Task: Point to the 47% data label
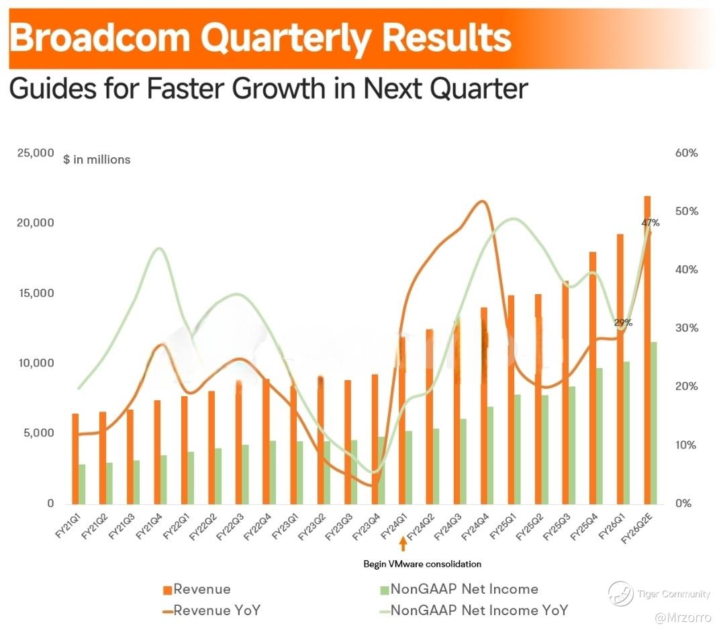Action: [650, 223]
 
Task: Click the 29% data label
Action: [622, 323]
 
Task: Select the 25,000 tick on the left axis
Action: [35, 153]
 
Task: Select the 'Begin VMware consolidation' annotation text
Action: [422, 564]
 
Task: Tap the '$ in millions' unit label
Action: [97, 160]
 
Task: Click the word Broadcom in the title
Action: [101, 38]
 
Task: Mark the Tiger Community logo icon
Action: [620, 594]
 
